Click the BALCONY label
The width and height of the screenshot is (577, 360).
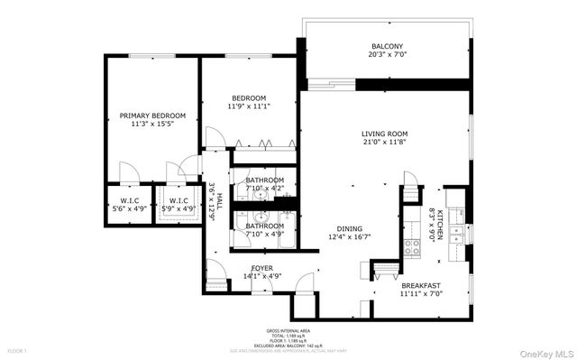click(x=387, y=47)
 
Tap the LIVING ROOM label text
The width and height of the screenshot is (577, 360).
click(x=385, y=134)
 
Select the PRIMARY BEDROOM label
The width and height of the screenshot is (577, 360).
click(x=152, y=115)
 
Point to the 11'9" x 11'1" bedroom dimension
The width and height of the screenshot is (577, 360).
click(x=249, y=106)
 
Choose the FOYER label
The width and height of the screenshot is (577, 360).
click(x=262, y=267)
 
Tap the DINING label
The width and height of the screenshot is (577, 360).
click(x=350, y=228)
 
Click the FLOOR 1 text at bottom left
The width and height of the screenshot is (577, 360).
click(x=18, y=350)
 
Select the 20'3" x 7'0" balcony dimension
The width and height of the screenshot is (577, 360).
click(x=387, y=55)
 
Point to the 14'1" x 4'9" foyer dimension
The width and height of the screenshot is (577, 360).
click(x=262, y=275)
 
